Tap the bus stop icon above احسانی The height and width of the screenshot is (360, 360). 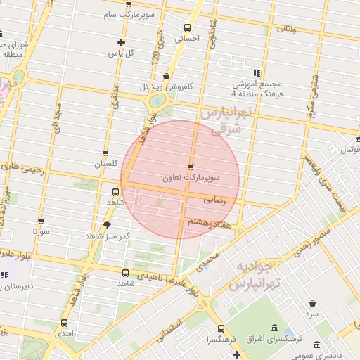(186, 27)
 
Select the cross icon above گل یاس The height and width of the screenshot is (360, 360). (121, 42)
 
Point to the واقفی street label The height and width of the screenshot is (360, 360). (286, 28)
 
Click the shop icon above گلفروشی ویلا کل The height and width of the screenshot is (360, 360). (166, 77)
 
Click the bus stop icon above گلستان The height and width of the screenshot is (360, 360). (105, 153)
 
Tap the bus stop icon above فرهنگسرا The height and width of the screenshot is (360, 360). (221, 328)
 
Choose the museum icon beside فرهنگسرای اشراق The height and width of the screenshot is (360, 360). (272, 329)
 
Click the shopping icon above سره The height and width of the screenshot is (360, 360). (311, 303)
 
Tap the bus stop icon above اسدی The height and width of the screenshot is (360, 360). (65, 323)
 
